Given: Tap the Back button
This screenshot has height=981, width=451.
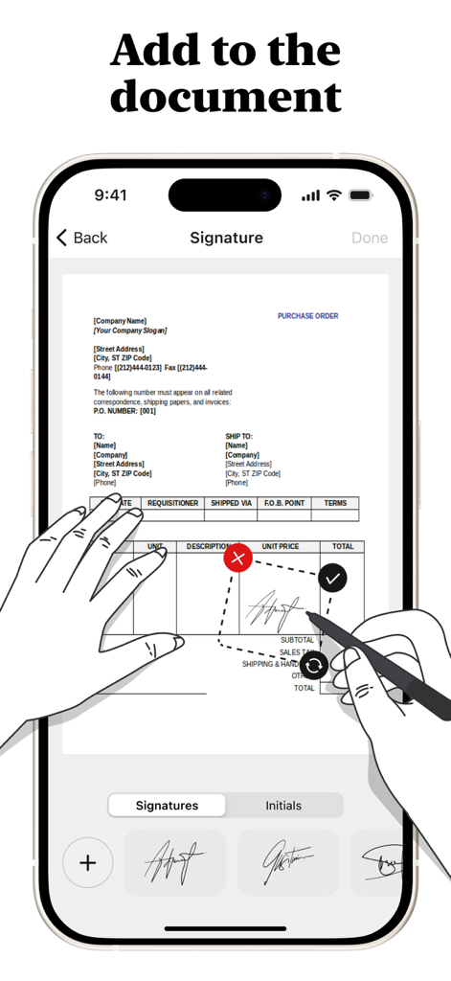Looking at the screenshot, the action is coord(81,238).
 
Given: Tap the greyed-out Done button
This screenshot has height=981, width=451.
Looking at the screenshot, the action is coord(370,238).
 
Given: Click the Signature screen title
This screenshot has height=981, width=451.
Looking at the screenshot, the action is coord(226,238).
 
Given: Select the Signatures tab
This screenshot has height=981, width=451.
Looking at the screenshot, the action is coord(167,806).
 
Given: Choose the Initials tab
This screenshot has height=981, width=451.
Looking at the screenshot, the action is coord(283,806).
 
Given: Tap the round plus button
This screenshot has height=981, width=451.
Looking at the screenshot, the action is coord(87,863).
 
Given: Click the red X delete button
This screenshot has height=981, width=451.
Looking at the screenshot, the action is coord(238,558).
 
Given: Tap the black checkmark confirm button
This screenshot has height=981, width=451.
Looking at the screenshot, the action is coord(332,578).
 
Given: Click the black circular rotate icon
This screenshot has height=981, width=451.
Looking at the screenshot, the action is coord(314,665).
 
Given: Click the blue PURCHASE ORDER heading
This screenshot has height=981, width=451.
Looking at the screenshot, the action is coord(307,316).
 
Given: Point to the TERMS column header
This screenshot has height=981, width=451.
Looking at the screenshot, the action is coord(335,503).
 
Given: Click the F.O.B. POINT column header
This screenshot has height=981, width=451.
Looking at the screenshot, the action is coord(282,503).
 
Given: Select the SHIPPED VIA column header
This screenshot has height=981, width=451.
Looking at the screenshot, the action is coord(232,503).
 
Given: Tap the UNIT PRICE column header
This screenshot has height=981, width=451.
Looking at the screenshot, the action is coord(281,547).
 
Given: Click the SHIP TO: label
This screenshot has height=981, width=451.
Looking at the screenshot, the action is coord(238,436).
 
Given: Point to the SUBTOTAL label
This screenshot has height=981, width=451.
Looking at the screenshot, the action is coord(297,640).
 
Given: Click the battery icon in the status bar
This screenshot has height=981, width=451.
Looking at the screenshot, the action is coord(360,195).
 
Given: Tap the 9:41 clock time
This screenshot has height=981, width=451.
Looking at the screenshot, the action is coord(110,195).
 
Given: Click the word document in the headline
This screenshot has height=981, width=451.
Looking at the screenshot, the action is coord(226,96).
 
